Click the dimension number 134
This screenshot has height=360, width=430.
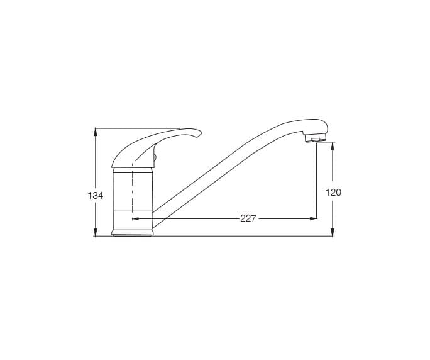point(95,196)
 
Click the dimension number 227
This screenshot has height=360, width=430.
point(248,218)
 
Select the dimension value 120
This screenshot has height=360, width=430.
point(333,193)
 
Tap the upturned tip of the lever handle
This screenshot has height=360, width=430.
point(200,133)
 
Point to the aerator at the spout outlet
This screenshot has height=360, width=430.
point(316,139)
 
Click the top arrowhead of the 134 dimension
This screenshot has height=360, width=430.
point(96,132)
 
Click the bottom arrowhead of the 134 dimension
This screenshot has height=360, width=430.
point(96,232)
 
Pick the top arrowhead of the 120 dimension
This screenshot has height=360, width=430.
point(333,146)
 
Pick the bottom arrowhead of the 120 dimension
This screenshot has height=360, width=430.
point(333,232)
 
